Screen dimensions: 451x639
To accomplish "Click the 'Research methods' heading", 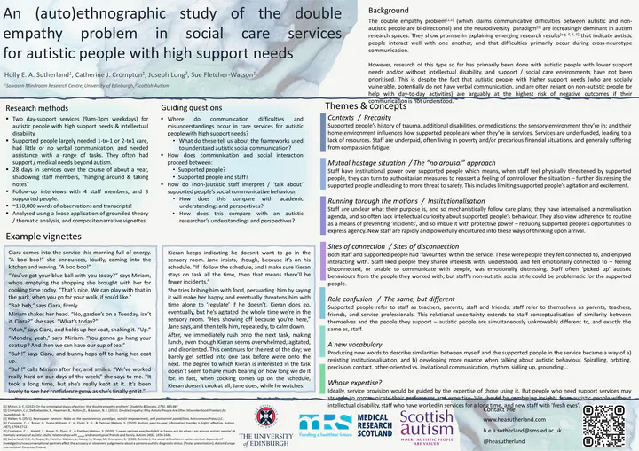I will point(39,107).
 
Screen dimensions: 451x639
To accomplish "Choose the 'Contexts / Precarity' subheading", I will point(360,118).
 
